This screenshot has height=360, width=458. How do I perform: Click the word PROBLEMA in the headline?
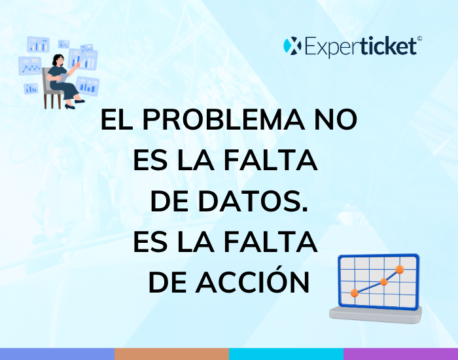coord(224,120)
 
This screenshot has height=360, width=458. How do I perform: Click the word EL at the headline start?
coord(116,120)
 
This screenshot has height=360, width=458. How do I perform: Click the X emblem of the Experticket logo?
coord(292,46)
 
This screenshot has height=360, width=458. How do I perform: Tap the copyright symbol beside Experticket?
coord(419,38)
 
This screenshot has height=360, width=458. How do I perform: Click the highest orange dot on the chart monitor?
coord(399,270)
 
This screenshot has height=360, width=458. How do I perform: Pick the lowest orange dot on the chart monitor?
coord(355,293)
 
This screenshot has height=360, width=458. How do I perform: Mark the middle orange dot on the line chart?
coord(383,282)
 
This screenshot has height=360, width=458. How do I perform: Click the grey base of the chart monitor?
coord(376,315)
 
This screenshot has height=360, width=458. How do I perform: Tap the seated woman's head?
coord(58,60)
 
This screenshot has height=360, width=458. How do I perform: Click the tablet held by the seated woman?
coord(63,78)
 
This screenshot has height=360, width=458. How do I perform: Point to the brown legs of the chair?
coord(52,101)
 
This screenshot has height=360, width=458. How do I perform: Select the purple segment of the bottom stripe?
coord(400,354)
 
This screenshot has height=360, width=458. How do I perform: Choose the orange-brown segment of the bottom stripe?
coord(171,354)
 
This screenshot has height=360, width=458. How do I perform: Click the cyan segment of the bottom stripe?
coord(287,354)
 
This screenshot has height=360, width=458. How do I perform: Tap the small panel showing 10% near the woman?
coord(30,65)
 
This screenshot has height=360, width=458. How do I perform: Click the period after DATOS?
coord(305,209)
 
